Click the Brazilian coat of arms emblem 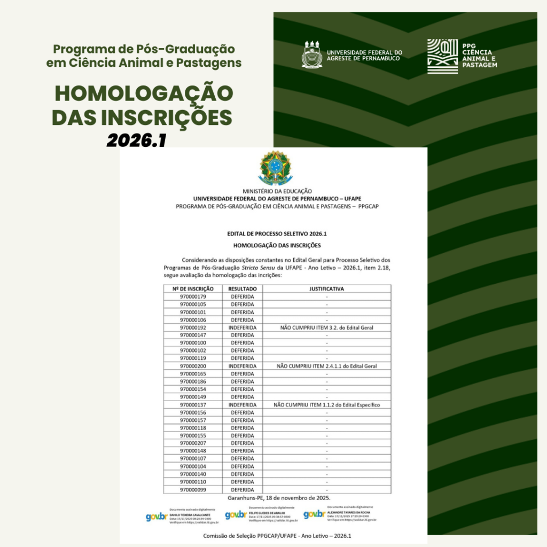[x=276, y=168]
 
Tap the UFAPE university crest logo [x=312, y=54]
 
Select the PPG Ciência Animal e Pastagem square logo [x=442, y=56]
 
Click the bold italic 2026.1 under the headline [x=137, y=140]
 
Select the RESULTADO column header [x=243, y=289]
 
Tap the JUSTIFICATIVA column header [x=326, y=289]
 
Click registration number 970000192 [x=193, y=327]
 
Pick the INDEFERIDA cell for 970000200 [x=243, y=366]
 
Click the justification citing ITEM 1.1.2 [x=326, y=405]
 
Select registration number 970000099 [x=193, y=490]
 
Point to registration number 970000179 [x=193, y=296]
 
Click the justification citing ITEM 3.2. [x=326, y=327]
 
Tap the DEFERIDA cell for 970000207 [x=243, y=443]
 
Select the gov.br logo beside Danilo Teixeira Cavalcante [x=157, y=517]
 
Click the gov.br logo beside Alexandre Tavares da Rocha [x=314, y=514]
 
